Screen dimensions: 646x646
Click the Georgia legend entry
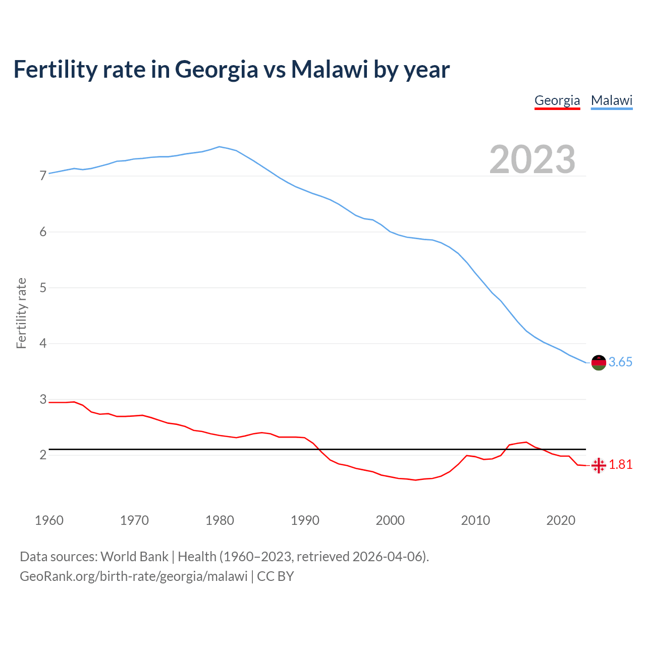pos(557,100)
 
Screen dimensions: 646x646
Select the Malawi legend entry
pos(612,100)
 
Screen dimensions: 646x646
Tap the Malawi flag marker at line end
pos(599,362)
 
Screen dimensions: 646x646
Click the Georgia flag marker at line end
pos(599,465)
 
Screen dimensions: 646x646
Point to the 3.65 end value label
pos(620,362)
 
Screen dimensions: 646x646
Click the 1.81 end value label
pos(621,465)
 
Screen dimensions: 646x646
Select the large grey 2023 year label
pos(532,159)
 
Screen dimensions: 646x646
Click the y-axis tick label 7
pos(43,176)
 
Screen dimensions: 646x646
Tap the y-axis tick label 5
pos(43,288)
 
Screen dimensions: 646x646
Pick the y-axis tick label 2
pos(43,455)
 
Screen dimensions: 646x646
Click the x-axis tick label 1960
pos(49,520)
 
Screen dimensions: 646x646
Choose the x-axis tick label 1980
pos(220,520)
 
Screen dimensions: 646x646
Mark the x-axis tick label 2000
pos(390,520)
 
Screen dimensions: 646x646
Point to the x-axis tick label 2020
pos(561,520)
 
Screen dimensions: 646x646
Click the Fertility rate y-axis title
pos(21,313)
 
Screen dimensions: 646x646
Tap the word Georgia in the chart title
pos(217,70)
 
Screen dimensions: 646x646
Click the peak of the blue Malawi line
pos(219,147)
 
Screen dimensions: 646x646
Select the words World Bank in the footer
pos(134,557)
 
